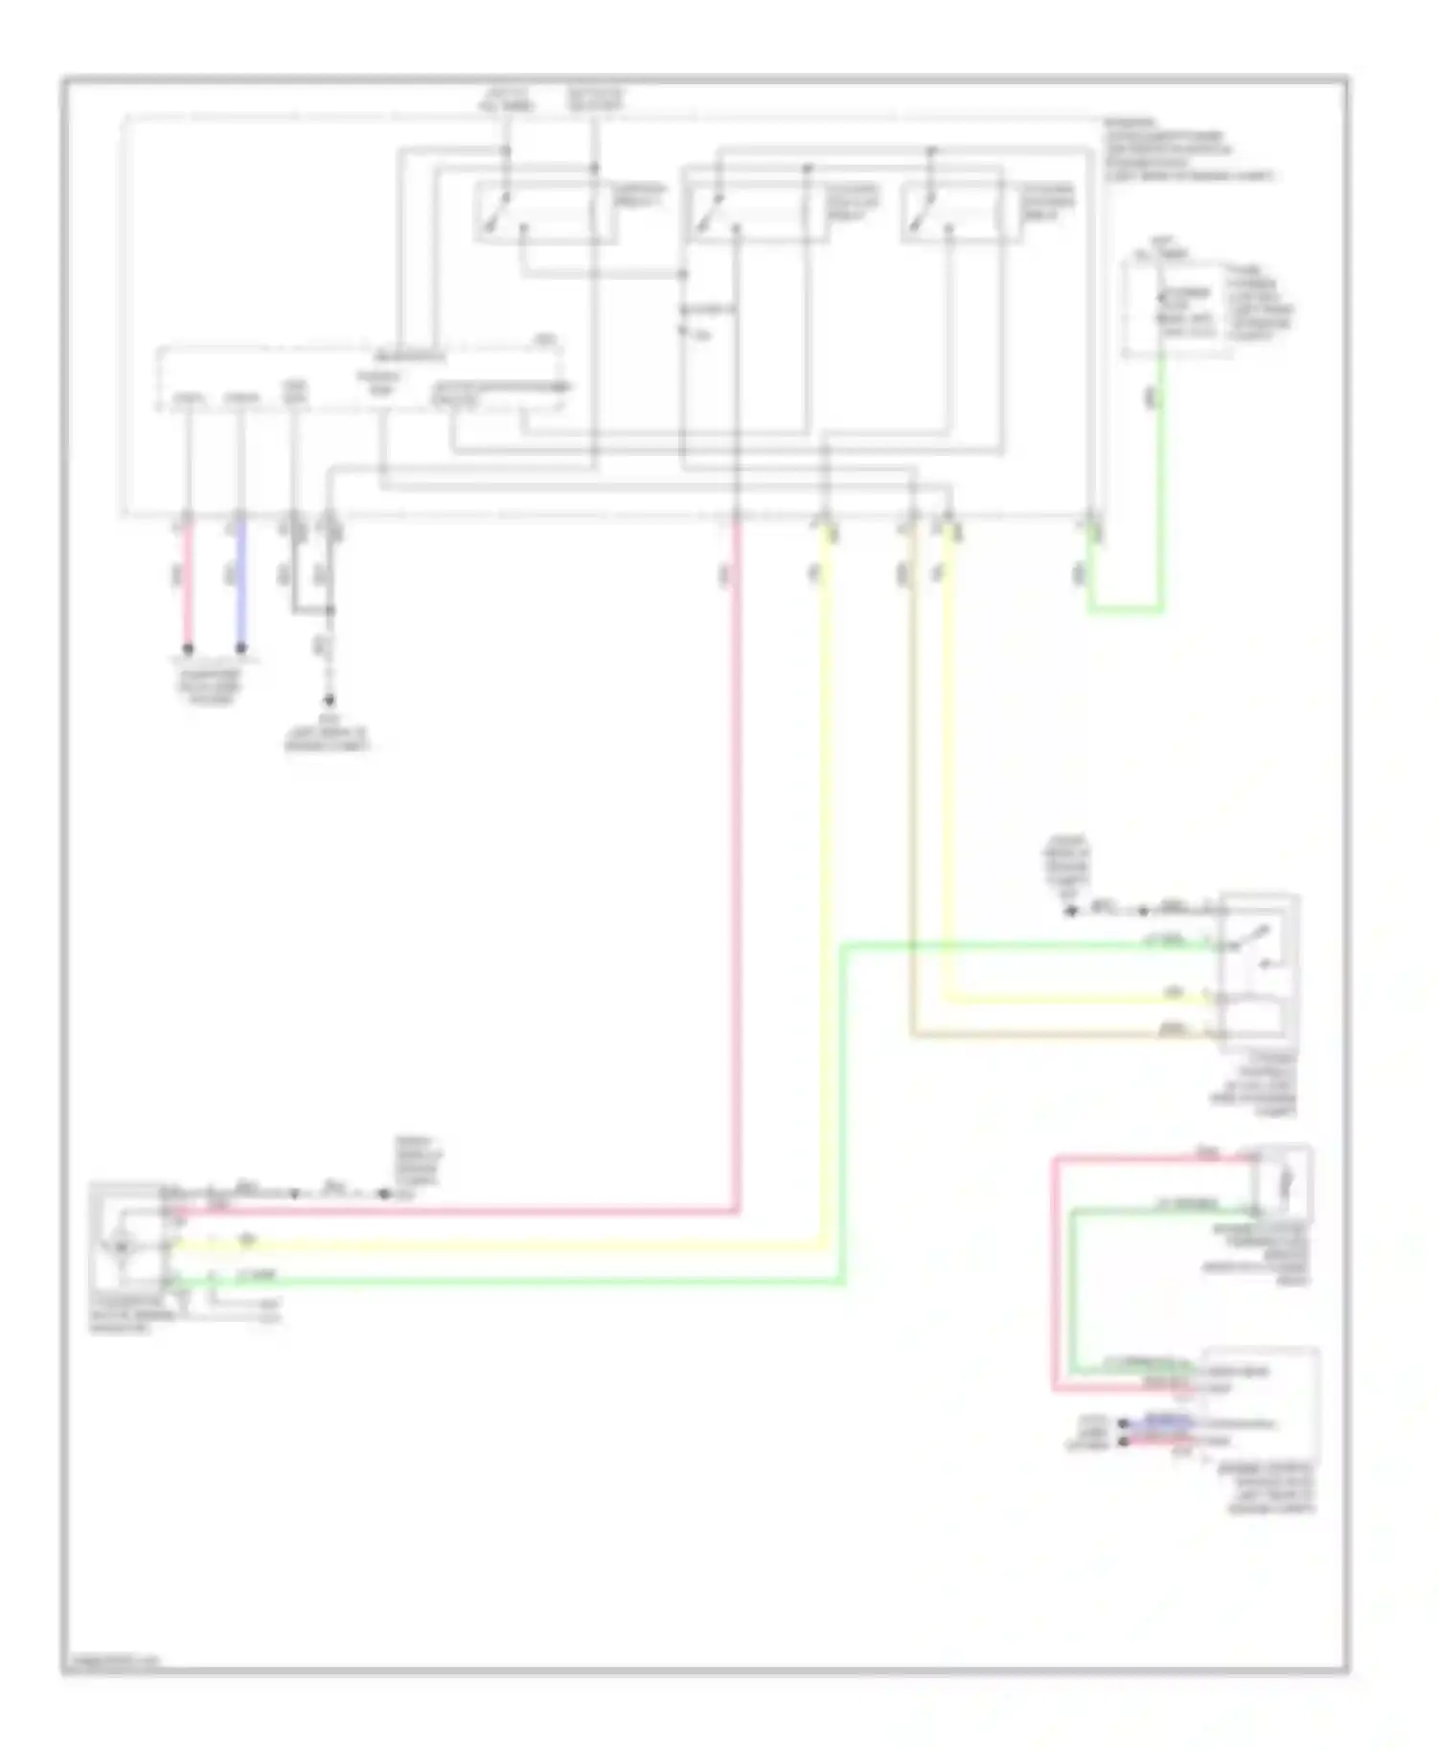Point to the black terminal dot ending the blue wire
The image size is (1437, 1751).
pyautogui.click(x=240, y=648)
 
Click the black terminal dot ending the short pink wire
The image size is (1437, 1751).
pyautogui.click(x=188, y=648)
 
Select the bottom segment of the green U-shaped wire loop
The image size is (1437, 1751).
pyautogui.click(x=1125, y=609)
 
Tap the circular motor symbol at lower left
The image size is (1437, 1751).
pyautogui.click(x=123, y=1246)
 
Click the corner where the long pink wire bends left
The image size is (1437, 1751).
pyautogui.click(x=737, y=1212)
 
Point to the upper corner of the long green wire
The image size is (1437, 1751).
pyautogui.click(x=844, y=946)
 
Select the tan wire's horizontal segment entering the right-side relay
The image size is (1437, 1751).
pyautogui.click(x=1054, y=1035)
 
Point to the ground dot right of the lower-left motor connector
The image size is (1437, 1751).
pyautogui.click(x=384, y=1194)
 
